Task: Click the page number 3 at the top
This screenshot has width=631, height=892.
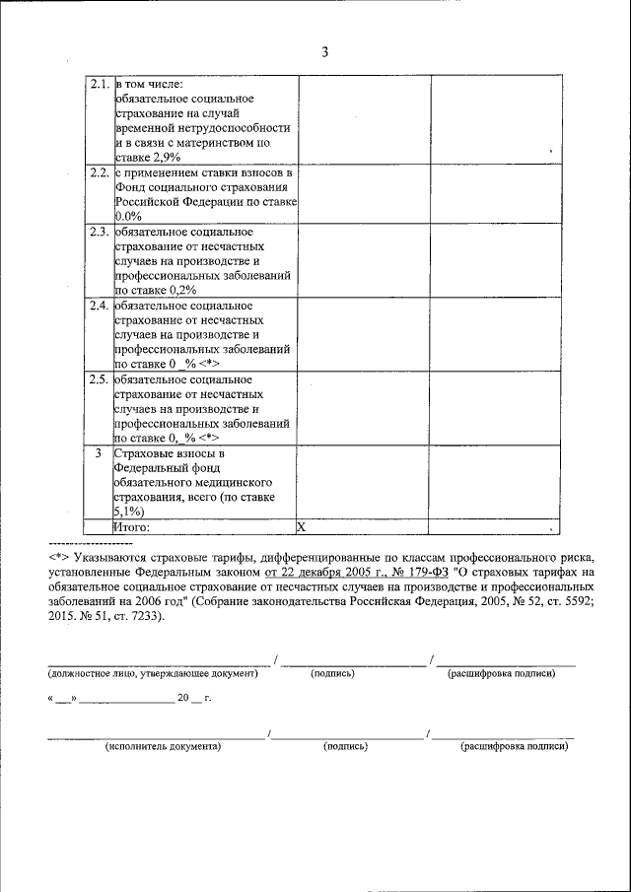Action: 325,52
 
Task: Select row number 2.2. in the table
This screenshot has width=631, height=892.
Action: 98,172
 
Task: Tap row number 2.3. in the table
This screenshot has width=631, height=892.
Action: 98,233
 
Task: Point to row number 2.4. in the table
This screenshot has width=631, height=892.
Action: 98,307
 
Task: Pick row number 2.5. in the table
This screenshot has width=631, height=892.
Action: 98,379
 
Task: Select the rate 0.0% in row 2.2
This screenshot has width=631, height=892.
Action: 129,216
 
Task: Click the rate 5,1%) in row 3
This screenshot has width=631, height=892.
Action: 131,512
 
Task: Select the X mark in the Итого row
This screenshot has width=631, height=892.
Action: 302,527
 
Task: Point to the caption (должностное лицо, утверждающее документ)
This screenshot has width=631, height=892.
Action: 153,674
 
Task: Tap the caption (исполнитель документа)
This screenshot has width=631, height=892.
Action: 163,747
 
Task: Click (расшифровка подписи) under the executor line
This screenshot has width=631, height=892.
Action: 514,747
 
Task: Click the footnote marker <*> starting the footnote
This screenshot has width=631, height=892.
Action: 56,556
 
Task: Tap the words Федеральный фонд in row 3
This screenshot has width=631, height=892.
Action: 158,468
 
